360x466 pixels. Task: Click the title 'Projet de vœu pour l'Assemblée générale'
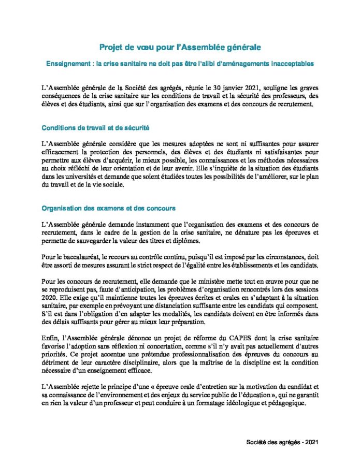click(x=180, y=48)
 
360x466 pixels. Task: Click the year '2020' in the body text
click(x=49, y=296)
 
